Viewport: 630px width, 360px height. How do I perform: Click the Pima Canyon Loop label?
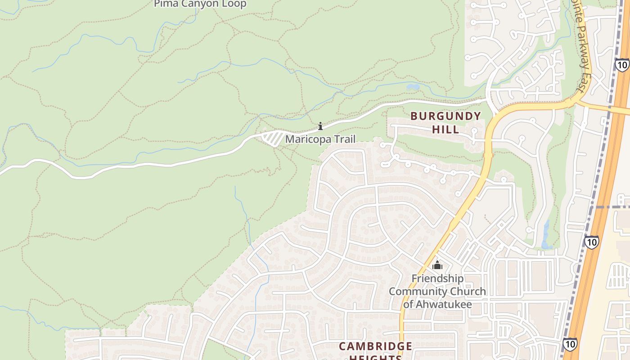click(x=200, y=4)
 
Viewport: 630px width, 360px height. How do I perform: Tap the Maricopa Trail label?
click(x=320, y=139)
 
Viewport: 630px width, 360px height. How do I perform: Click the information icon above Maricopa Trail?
click(x=320, y=126)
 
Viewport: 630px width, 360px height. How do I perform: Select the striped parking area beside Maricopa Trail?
click(x=272, y=138)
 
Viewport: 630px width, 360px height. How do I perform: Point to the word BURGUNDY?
click(x=445, y=116)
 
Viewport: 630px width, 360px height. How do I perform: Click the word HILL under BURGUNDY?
click(x=445, y=130)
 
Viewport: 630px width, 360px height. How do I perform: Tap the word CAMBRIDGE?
click(x=375, y=346)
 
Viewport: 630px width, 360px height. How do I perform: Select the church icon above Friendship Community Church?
click(x=437, y=265)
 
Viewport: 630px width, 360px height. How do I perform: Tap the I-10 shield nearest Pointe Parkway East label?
click(x=622, y=65)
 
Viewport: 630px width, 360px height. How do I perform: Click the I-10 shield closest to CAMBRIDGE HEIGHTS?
click(x=570, y=344)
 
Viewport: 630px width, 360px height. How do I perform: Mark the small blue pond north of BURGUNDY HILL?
click(x=413, y=87)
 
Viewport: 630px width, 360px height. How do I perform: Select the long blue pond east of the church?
click(x=546, y=234)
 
